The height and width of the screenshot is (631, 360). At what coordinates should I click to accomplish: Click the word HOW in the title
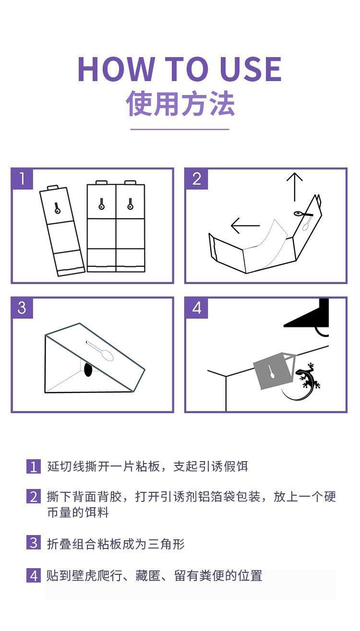pyautogui.click(x=116, y=69)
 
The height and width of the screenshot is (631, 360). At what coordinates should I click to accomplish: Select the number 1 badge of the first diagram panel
pyautogui.click(x=22, y=179)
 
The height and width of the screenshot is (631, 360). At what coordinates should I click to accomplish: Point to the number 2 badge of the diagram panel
pyautogui.click(x=196, y=179)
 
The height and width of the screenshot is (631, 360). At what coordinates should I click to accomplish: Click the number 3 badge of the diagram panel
pyautogui.click(x=22, y=308)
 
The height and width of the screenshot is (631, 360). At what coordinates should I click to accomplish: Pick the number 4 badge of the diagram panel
pyautogui.click(x=196, y=308)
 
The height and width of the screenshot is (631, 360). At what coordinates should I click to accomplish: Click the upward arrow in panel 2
pyautogui.click(x=295, y=187)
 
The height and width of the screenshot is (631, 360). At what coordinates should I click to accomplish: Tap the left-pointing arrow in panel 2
pyautogui.click(x=245, y=226)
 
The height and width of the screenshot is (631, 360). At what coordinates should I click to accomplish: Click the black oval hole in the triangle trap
pyautogui.click(x=88, y=369)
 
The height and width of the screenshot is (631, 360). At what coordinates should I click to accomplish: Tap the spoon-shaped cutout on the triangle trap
pyautogui.click(x=100, y=351)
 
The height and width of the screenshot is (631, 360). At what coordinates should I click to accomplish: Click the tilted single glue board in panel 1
pyautogui.click(x=62, y=231)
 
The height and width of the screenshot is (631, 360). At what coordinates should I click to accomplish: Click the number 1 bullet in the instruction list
pyautogui.click(x=34, y=467)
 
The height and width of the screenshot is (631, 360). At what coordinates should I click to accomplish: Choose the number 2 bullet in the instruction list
pyautogui.click(x=34, y=497)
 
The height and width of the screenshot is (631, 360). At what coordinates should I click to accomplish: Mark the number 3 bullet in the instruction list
pyautogui.click(x=34, y=542)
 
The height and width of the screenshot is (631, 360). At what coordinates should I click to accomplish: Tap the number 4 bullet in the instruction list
pyautogui.click(x=34, y=575)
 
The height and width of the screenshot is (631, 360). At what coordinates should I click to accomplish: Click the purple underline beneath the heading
pyautogui.click(x=180, y=130)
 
